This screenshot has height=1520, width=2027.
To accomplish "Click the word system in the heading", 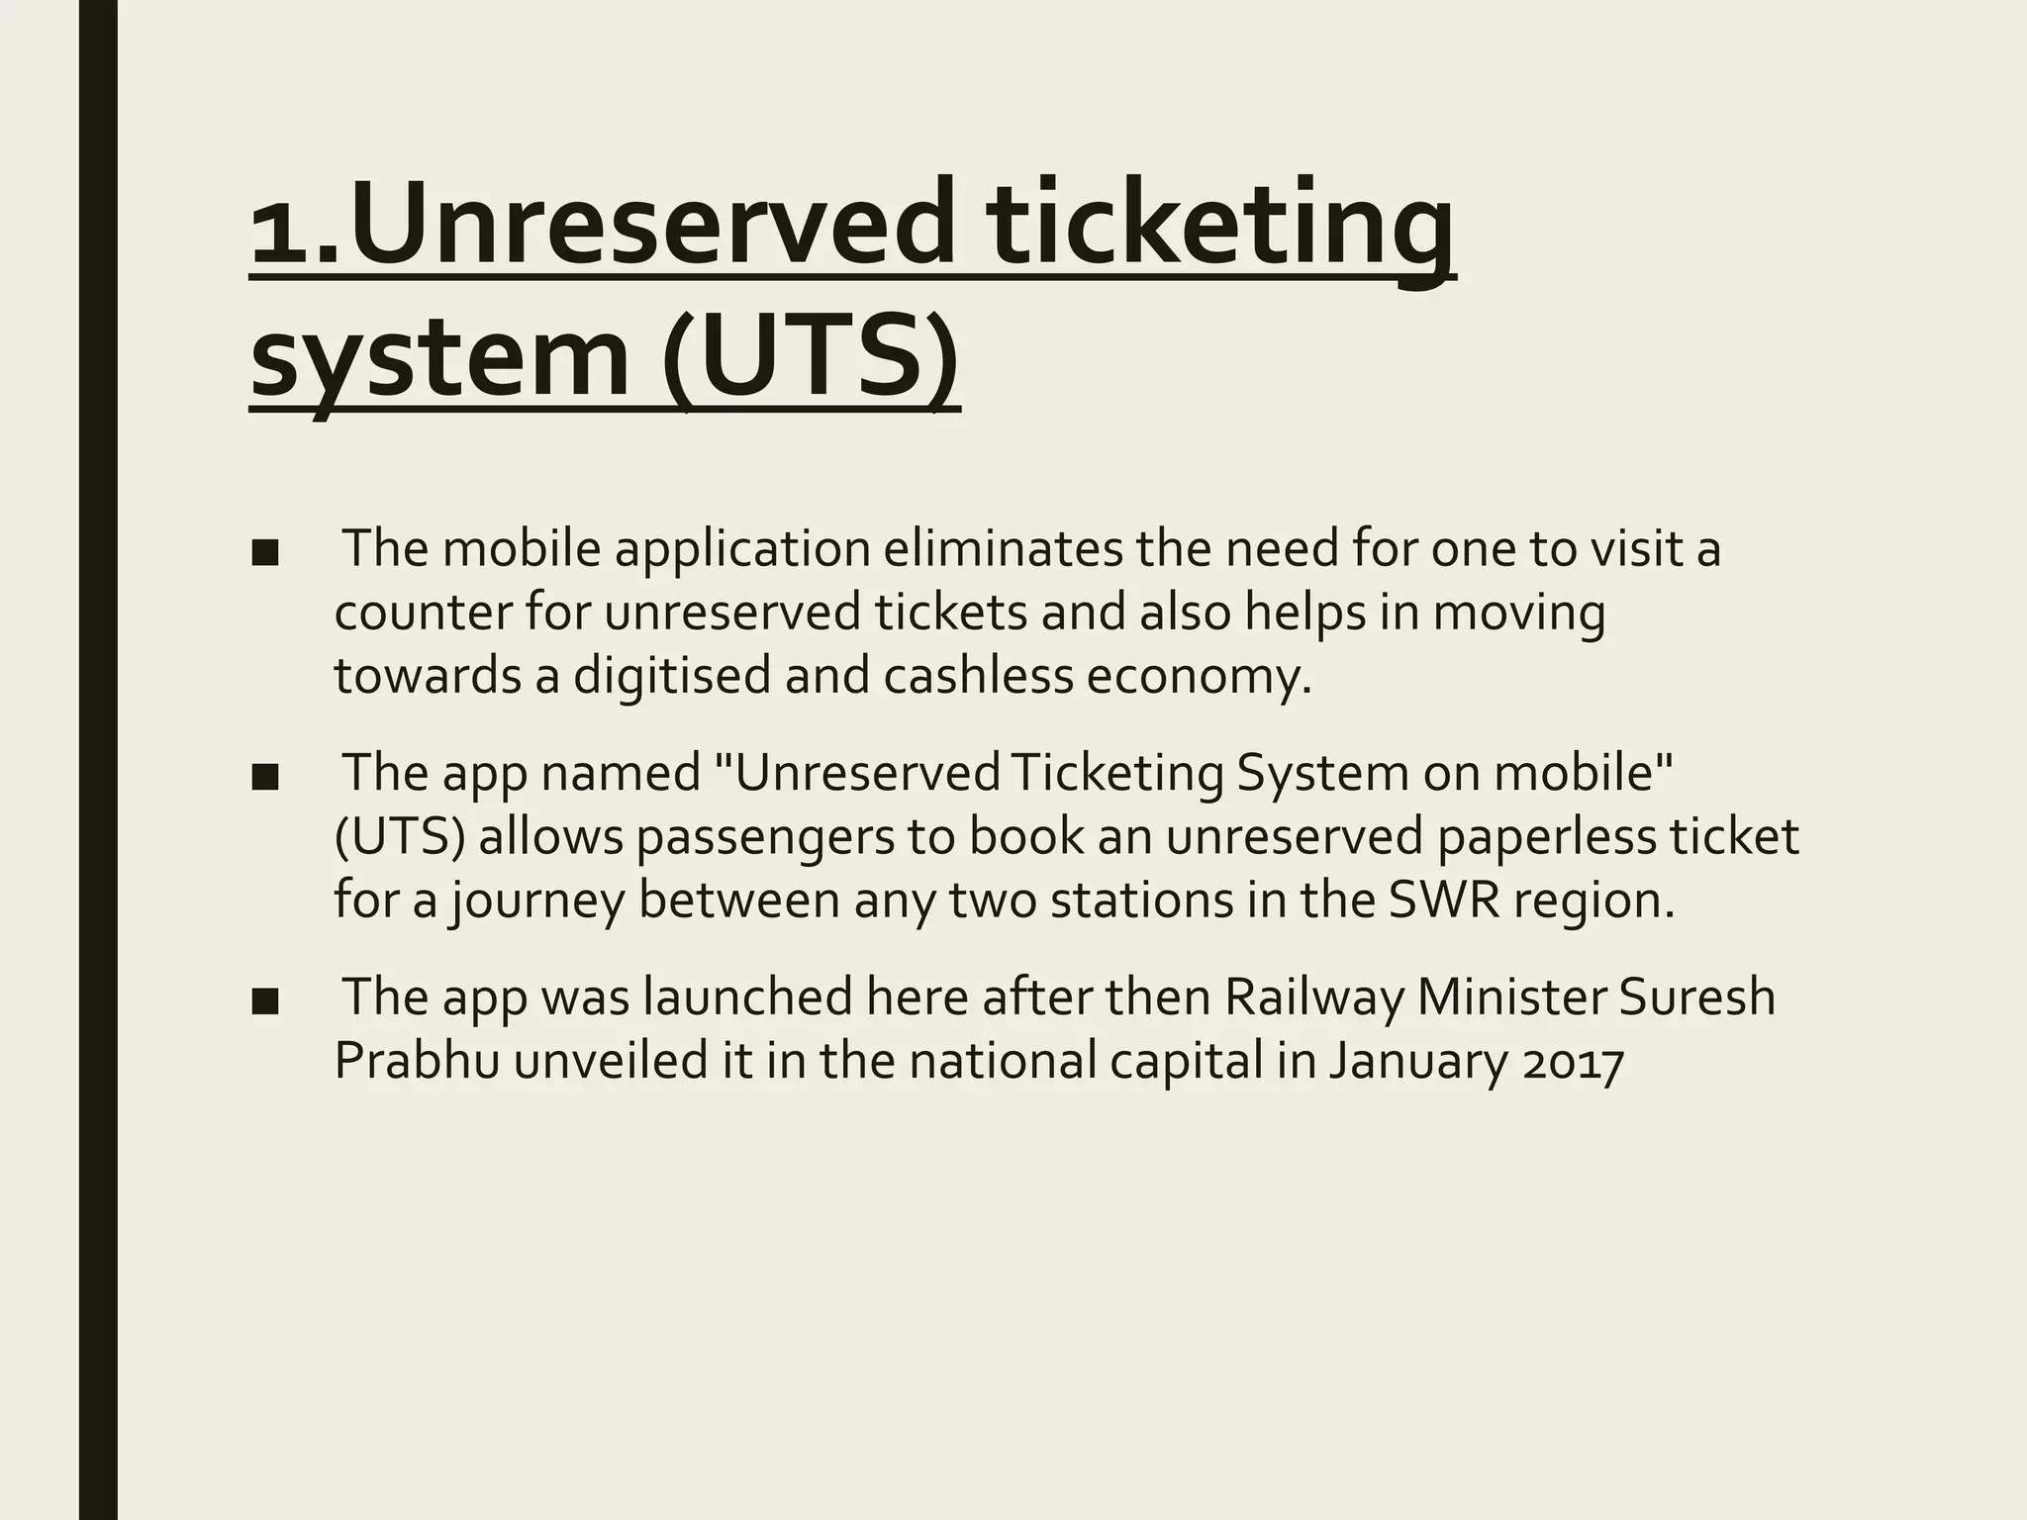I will coord(439,356).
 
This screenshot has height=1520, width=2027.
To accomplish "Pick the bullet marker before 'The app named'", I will coord(264,777).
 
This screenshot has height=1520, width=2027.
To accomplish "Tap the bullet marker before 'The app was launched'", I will coord(264,1000).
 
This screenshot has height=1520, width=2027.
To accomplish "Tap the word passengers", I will coord(791,837).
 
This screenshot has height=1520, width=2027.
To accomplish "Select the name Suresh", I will coord(1696,997).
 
